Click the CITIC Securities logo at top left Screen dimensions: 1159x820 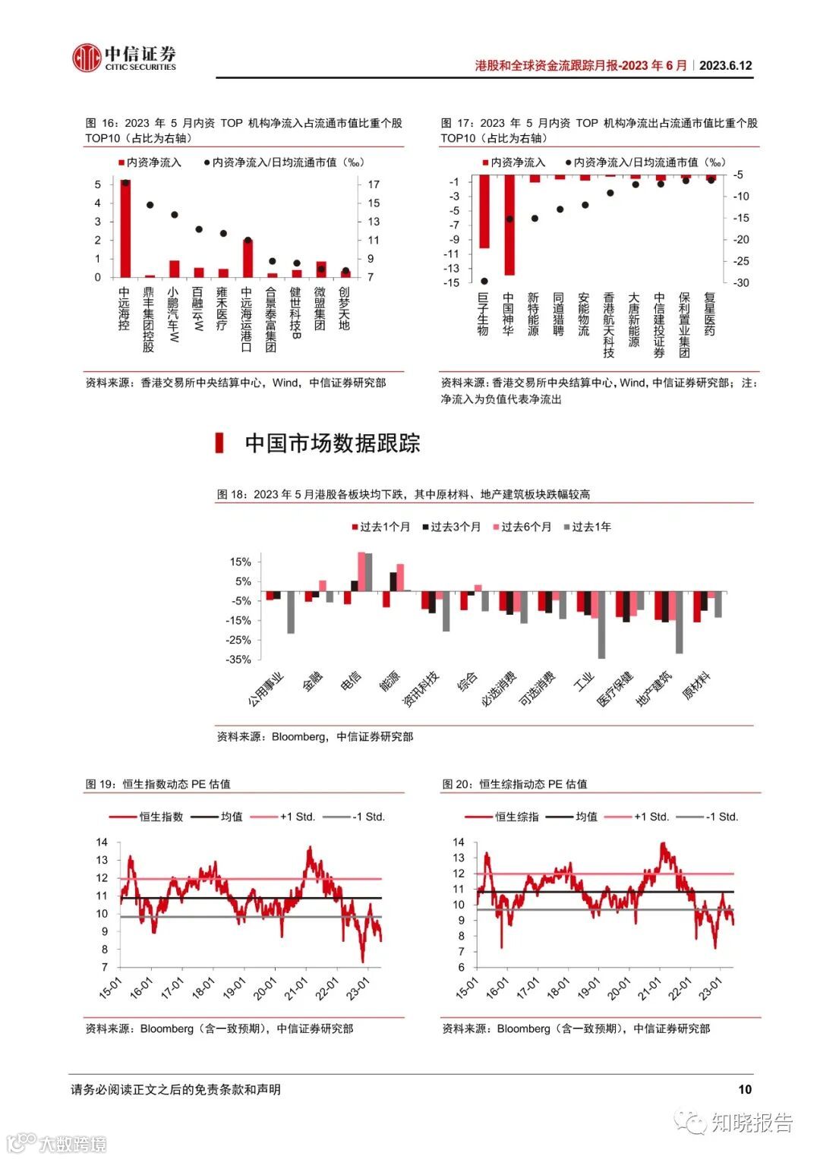[124, 58]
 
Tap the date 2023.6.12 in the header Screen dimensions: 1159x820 [725, 66]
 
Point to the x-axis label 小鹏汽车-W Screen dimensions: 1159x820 [173, 314]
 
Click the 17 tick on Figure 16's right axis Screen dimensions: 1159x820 [374, 184]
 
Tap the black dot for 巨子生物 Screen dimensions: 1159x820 [484, 281]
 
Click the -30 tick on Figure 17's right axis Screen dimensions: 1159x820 [740, 282]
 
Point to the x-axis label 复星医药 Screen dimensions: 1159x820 [710, 315]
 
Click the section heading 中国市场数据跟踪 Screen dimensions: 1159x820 [332, 443]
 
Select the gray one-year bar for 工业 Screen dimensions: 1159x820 [601, 625]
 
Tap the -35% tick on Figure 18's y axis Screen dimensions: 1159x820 [238, 660]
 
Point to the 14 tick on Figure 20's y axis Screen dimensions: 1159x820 [459, 842]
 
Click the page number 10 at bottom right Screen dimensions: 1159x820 [744, 1089]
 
